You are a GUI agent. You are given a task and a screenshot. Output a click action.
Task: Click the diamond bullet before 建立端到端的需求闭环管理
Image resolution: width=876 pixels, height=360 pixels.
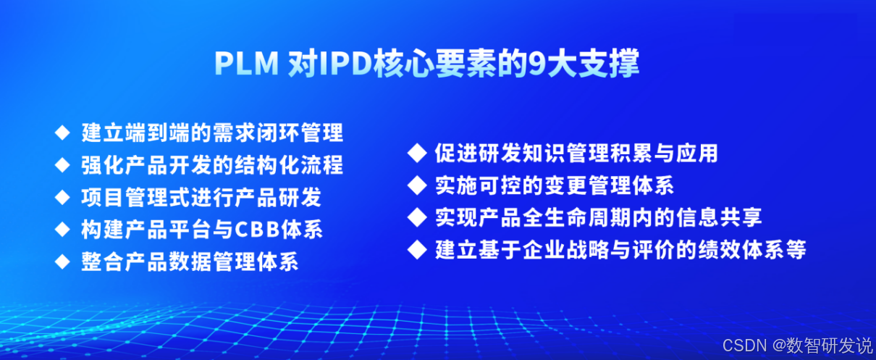(62, 133)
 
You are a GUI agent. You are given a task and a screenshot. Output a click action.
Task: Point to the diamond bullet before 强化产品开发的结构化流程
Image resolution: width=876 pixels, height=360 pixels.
(62, 165)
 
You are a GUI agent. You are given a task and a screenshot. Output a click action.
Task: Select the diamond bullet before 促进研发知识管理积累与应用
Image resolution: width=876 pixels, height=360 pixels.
(416, 154)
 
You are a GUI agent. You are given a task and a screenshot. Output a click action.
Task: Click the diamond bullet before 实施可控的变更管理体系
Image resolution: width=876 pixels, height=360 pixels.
(416, 185)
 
